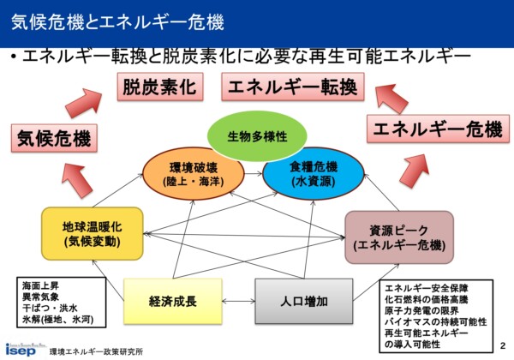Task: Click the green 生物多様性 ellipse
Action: (257, 136)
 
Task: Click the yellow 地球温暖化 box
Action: (93, 234)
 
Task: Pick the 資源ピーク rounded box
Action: (399, 237)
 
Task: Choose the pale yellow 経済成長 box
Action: (173, 302)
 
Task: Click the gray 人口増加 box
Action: (304, 302)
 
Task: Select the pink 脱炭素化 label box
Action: (160, 87)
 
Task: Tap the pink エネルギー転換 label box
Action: (293, 87)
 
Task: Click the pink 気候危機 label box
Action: (54, 138)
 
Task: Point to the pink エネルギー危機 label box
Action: (438, 129)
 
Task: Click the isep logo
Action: (21, 351)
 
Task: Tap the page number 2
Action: (503, 346)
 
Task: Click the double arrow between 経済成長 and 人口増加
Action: (239, 301)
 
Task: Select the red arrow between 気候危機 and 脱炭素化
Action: (84, 102)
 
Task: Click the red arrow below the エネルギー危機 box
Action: (415, 171)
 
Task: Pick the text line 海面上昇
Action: (40, 286)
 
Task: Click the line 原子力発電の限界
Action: (421, 310)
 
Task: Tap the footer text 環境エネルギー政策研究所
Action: (96, 351)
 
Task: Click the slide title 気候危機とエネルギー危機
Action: (117, 22)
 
